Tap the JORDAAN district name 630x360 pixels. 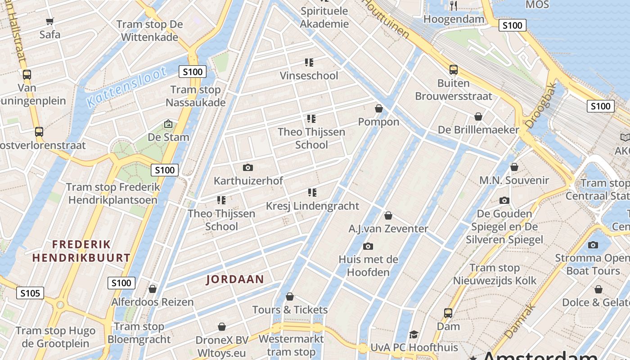click(x=235, y=279)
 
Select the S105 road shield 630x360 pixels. click(x=31, y=293)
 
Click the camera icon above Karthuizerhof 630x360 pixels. click(x=247, y=168)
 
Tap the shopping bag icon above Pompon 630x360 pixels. click(x=379, y=108)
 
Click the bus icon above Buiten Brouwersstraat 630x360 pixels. click(x=453, y=70)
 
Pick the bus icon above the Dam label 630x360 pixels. click(x=448, y=313)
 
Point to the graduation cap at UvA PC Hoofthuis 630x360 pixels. click(x=414, y=334)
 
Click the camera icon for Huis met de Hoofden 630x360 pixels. click(x=368, y=246)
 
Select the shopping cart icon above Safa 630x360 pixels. click(x=50, y=21)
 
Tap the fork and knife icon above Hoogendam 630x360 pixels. click(x=454, y=5)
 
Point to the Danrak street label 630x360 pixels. click(x=520, y=321)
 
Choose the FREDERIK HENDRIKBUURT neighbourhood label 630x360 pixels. click(x=81, y=251)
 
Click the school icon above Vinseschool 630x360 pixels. click(x=309, y=62)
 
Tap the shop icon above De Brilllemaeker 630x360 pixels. click(x=478, y=117)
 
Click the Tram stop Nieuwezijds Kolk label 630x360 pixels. click(x=495, y=274)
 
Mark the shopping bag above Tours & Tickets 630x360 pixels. click(x=290, y=297)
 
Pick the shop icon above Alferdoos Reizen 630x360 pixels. click(x=153, y=289)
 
